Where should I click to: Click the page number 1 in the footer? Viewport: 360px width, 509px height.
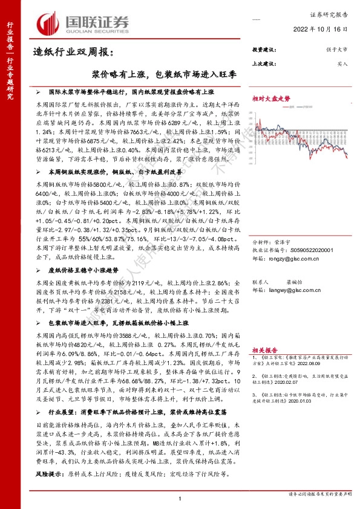(180, 498)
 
